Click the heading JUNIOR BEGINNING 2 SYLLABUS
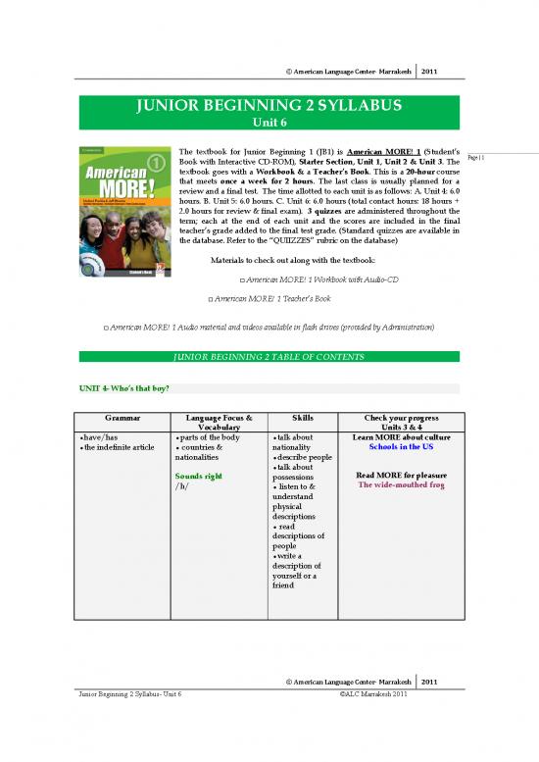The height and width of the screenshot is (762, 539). point(269,105)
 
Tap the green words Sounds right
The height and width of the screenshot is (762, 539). point(202,476)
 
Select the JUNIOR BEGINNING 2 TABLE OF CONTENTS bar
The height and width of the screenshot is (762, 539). point(269,356)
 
